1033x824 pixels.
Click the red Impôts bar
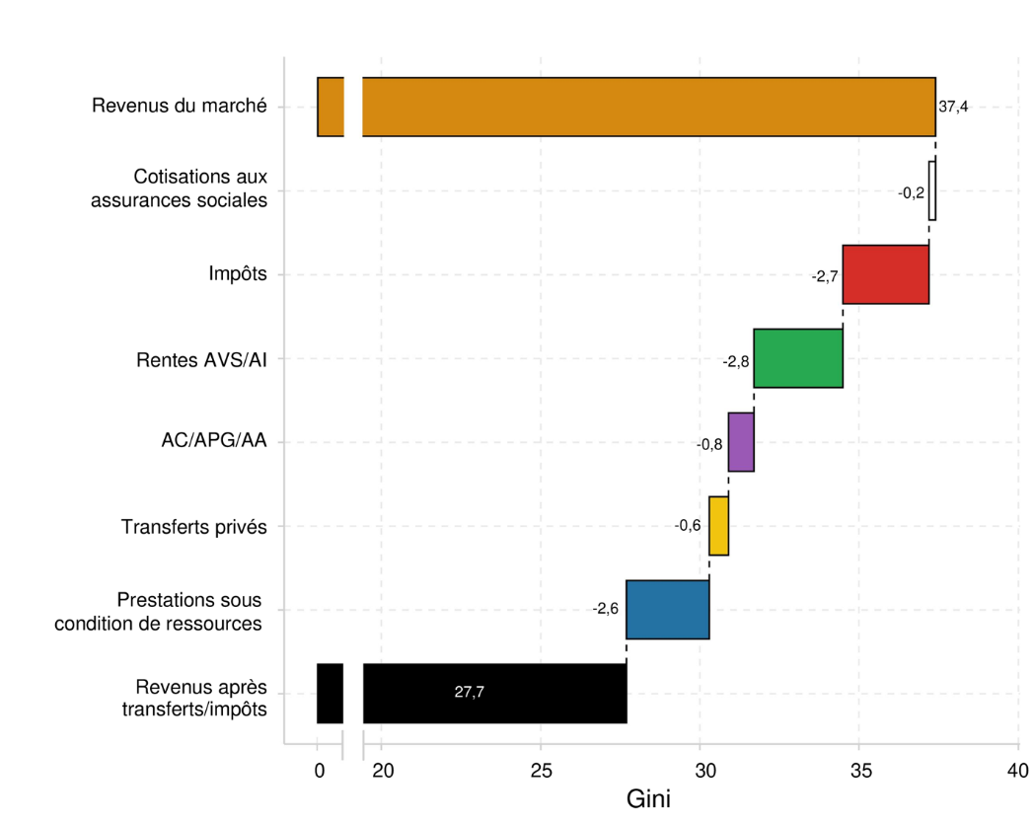tap(885, 274)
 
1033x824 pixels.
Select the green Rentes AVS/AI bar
tap(798, 358)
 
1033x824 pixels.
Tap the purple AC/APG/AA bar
tap(741, 442)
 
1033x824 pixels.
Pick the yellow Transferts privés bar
tap(718, 526)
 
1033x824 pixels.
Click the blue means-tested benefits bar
tap(667, 610)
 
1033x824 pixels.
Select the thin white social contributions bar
tap(932, 190)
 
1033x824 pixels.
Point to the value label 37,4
tap(953, 107)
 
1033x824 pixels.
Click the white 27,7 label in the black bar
tap(469, 693)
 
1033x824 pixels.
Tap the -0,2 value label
tap(911, 192)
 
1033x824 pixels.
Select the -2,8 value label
tap(736, 362)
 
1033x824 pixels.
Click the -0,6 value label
tap(688, 525)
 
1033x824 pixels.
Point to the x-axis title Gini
tap(648, 799)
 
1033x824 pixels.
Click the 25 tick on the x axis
tap(541, 771)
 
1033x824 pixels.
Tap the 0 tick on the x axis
tap(319, 771)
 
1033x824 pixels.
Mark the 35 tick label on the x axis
tap(858, 771)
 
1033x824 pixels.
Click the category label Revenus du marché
tap(179, 106)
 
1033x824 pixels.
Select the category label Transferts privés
tap(193, 527)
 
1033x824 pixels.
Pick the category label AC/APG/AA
tap(213, 441)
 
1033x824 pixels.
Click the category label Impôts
tap(238, 273)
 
